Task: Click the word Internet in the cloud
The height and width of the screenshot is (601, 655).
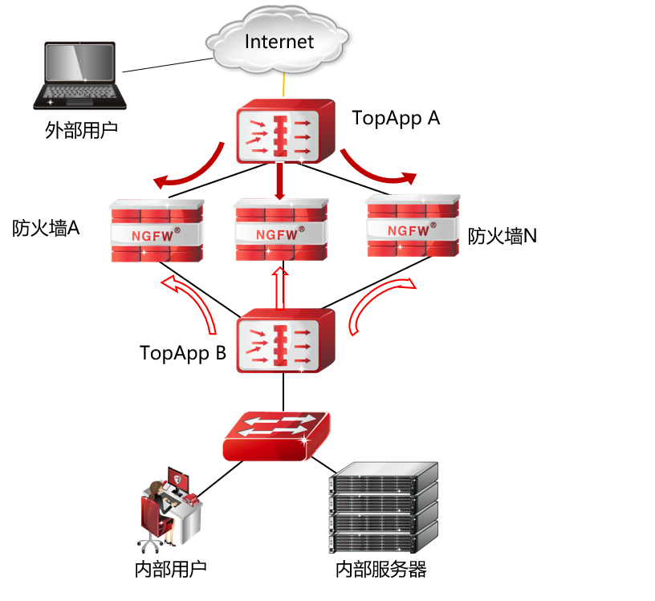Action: pos(279,41)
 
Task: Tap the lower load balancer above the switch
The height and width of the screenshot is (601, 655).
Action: pos(285,340)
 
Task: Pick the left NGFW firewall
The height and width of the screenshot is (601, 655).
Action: pos(157,231)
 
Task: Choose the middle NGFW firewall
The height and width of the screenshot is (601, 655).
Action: pos(280,230)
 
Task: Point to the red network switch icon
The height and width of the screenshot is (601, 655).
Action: pos(276,436)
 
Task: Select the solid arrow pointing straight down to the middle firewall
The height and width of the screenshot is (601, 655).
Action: pos(279,181)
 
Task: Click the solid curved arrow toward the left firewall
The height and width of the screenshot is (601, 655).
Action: pos(189,171)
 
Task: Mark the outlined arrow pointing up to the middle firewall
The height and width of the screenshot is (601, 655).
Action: pos(279,287)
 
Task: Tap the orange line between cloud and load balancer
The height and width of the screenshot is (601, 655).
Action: pos(284,86)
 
